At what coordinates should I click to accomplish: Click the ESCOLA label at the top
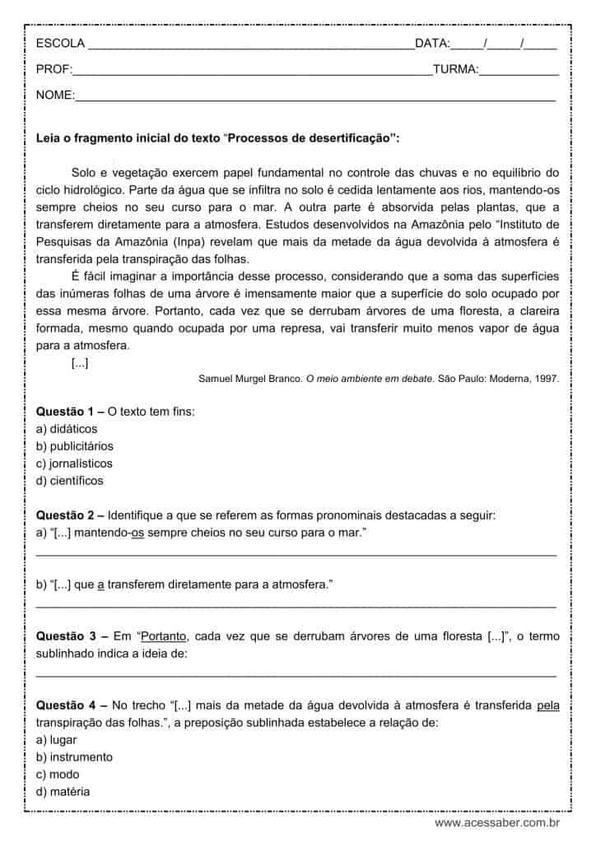[60, 44]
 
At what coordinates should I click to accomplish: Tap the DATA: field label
[432, 44]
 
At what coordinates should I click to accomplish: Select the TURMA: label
[455, 70]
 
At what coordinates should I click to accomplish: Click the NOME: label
[55, 96]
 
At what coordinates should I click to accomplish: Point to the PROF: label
[54, 70]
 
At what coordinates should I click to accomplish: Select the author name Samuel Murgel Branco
[249, 379]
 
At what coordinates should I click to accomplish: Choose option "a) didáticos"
[67, 428]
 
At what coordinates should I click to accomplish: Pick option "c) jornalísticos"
[74, 463]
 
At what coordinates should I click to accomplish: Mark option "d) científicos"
[70, 481]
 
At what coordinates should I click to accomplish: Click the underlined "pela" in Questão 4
[547, 705]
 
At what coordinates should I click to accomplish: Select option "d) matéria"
[63, 791]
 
